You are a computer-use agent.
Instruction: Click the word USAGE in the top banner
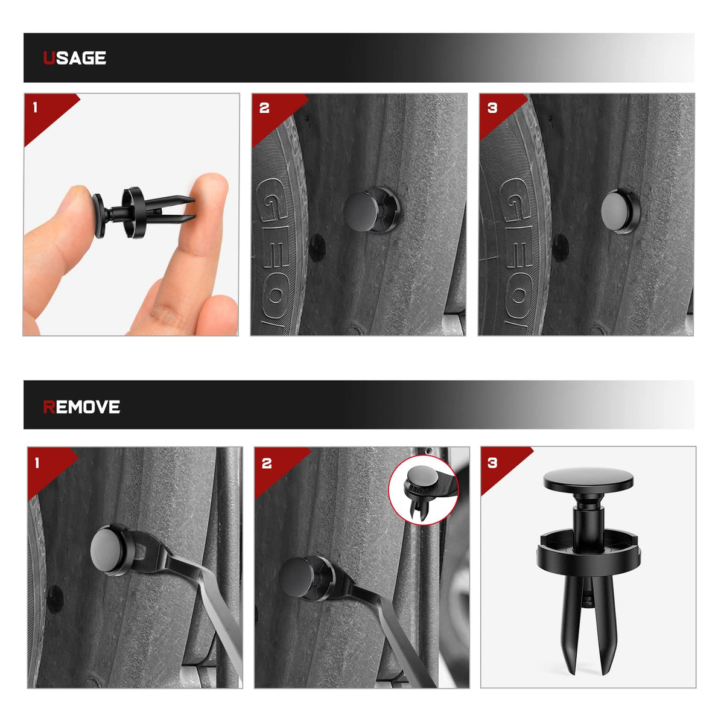point(75,58)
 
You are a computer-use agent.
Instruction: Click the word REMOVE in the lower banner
point(81,407)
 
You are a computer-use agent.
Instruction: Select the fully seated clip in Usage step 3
point(620,211)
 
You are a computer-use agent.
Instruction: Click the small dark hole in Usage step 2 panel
point(317,247)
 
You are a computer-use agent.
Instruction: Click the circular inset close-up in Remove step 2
point(423,491)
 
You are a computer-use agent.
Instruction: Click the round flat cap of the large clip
point(588,480)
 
